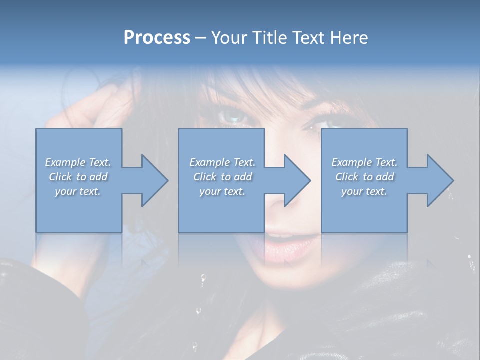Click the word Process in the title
click(157, 38)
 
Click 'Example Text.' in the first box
click(78, 162)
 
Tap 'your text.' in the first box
click(78, 191)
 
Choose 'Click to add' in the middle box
click(222, 177)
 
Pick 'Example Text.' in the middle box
click(222, 162)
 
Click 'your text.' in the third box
click(364, 191)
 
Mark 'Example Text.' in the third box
click(364, 162)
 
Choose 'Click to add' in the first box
click(78, 177)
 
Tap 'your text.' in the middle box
click(222, 191)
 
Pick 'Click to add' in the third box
click(364, 177)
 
